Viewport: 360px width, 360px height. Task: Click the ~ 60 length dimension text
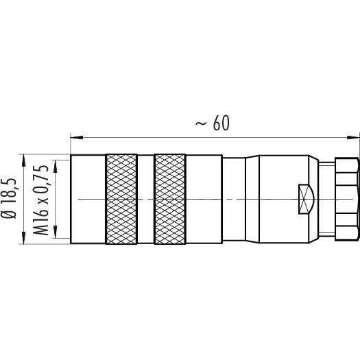(x=212, y=123)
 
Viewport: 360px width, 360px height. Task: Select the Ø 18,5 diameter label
(x=9, y=195)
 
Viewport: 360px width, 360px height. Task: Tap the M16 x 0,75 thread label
(x=41, y=197)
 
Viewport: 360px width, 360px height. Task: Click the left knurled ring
(x=121, y=199)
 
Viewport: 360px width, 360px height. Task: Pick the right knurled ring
(x=170, y=199)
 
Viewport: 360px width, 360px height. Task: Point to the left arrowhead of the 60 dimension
(x=77, y=137)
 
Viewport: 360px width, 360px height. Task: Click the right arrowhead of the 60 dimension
(x=353, y=137)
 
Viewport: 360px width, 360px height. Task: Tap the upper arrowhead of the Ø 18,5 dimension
(x=23, y=160)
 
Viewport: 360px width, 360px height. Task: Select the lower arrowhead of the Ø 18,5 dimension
(x=23, y=238)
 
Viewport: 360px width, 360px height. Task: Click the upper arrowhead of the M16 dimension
(x=55, y=166)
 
